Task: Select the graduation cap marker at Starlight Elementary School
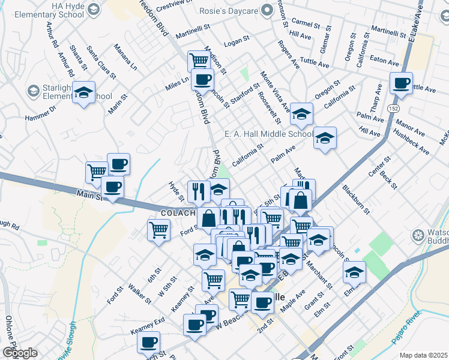84,93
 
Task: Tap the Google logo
20,352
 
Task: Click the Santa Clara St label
101,62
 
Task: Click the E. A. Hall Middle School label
268,134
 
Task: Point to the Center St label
379,167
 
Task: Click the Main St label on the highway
90,195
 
